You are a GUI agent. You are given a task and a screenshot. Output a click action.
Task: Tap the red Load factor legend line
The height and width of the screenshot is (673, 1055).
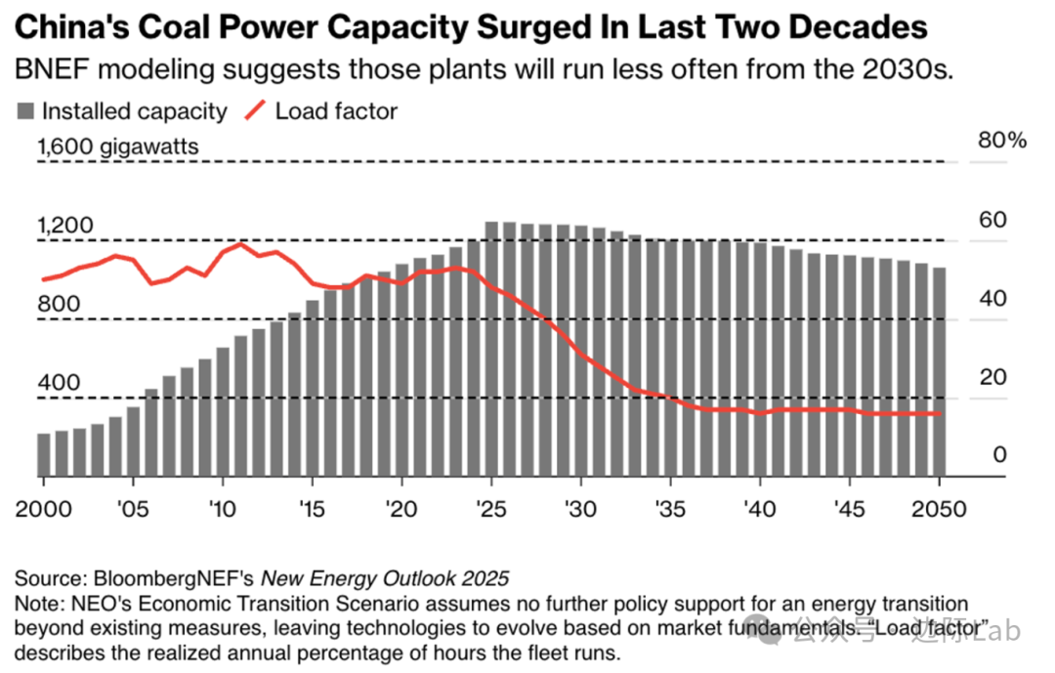coord(255,111)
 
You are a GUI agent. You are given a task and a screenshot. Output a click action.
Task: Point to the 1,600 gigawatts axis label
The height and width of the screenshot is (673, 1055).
coord(118,147)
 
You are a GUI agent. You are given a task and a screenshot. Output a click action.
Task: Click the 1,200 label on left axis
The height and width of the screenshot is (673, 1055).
coord(65,226)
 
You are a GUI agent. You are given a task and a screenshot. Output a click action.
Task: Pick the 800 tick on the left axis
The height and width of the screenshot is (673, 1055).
coord(58,305)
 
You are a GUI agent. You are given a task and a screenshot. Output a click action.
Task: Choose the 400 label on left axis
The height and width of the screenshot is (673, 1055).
coord(58,383)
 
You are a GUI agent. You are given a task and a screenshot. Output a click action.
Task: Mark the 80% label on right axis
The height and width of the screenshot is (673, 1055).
coord(1001,141)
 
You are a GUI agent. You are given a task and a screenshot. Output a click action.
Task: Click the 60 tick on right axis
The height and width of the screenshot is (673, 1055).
coord(992,220)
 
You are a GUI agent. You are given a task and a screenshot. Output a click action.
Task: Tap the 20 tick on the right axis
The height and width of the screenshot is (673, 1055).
coord(992,377)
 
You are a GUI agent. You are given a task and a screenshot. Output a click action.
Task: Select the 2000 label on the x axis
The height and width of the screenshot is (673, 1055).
coord(44,510)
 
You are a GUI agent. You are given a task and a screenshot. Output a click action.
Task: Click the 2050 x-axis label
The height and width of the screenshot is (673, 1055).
coord(939,510)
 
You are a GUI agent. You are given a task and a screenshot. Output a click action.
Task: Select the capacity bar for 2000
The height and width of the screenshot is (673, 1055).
coord(44,454)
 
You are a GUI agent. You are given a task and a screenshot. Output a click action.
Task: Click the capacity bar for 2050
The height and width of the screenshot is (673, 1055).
coord(939,372)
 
